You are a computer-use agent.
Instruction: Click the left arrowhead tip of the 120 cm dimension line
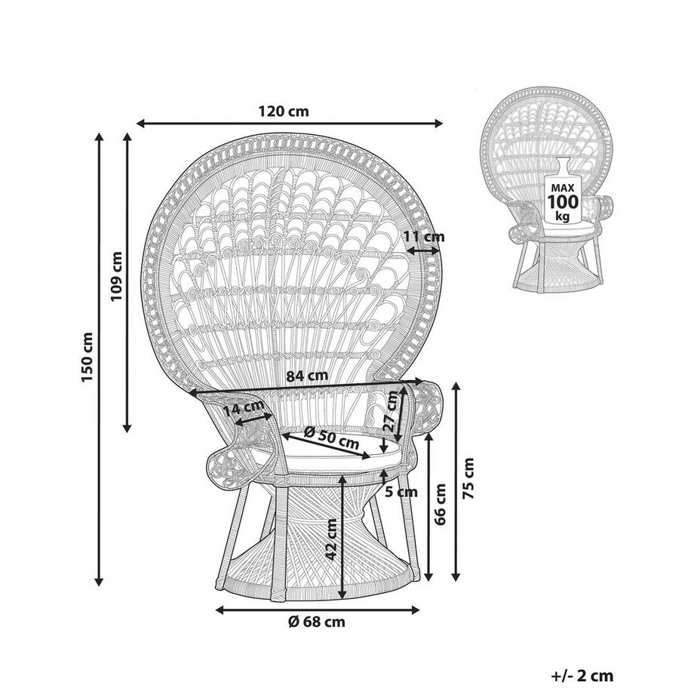click(x=137, y=123)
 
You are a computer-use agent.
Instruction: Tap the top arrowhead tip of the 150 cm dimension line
click(x=99, y=131)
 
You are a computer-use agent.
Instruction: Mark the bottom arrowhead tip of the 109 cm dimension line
click(x=127, y=432)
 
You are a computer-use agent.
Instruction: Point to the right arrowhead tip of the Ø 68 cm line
click(x=419, y=610)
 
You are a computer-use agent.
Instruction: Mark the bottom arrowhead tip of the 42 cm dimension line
click(x=342, y=597)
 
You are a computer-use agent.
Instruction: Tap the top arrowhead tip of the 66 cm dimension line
click(x=428, y=434)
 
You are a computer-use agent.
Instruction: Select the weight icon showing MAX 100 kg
click(x=563, y=190)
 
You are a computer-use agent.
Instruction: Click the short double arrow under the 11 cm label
click(x=423, y=251)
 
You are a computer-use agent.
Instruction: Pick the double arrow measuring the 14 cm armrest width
click(x=253, y=419)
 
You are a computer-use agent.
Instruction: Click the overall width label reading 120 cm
click(x=284, y=111)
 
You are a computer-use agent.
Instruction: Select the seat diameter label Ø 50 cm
click(x=331, y=438)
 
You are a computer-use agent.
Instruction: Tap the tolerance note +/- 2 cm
click(x=582, y=675)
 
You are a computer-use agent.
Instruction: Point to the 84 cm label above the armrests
click(x=307, y=376)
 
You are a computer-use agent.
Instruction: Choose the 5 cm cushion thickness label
click(x=401, y=491)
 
